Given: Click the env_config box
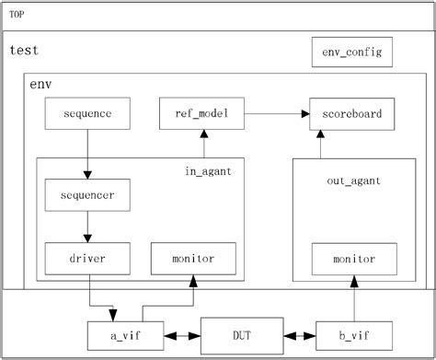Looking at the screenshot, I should [x=352, y=52].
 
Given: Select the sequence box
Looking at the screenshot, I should [x=88, y=114].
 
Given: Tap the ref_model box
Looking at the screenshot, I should [x=201, y=114].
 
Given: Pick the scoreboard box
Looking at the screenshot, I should [x=352, y=114].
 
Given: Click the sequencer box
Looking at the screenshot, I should [x=88, y=195].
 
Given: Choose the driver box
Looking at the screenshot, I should [x=88, y=258].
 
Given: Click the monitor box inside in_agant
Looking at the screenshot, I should [x=193, y=258].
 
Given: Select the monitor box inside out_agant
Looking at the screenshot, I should [x=352, y=258].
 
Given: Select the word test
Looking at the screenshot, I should [x=24, y=51].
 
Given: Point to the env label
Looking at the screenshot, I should [x=40, y=84].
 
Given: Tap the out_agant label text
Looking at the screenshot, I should [x=353, y=181].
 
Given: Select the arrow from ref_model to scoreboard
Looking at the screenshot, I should [x=275, y=114].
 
